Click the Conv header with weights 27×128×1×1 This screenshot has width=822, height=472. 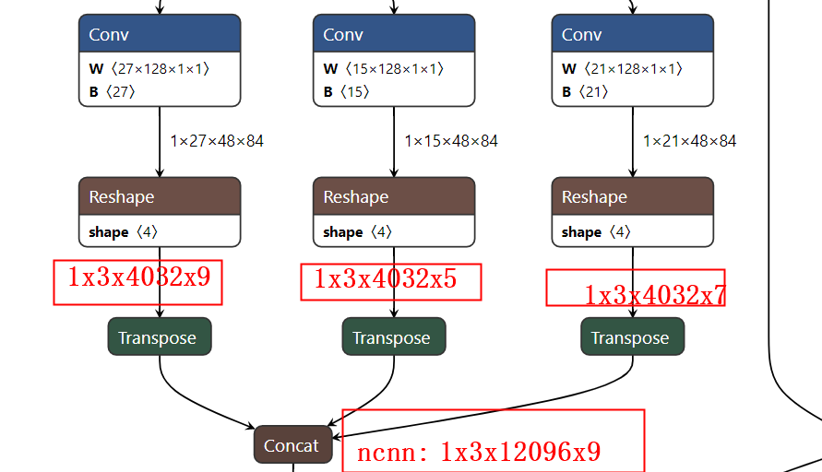pos(160,34)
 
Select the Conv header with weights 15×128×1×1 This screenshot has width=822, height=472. pos(394,34)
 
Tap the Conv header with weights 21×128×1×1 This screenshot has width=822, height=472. pos(632,34)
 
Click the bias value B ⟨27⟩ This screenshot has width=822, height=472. pos(112,91)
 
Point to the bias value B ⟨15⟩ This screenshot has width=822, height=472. pos(346,91)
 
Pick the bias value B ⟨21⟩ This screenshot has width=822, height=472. pos(584,91)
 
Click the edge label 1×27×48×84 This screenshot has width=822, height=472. pos(217,141)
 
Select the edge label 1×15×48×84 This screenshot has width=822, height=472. pos(451,141)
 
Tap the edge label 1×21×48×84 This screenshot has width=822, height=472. pos(690,141)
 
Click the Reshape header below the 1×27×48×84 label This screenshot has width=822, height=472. pos(160,196)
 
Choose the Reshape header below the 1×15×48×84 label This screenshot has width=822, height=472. pos(394,196)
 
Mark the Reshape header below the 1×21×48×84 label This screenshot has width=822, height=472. pos(632,196)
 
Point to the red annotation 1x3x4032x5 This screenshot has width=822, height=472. pos(386,279)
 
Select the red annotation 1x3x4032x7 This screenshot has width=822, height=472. pos(655,294)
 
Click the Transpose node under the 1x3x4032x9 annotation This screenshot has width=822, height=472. pos(160,337)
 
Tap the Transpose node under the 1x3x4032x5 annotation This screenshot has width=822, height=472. pos(394,337)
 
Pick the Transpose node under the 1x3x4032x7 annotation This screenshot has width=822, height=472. pos(632,337)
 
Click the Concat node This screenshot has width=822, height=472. pos(292,445)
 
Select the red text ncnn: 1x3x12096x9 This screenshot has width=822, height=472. pos(479,452)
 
